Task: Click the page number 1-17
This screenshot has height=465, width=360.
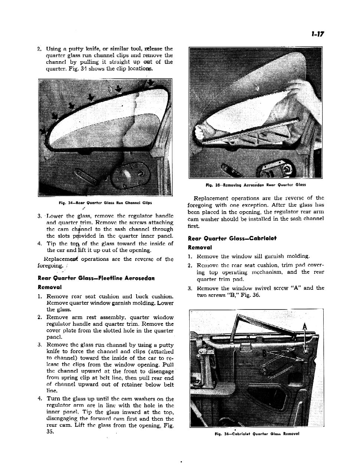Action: [x=318, y=34]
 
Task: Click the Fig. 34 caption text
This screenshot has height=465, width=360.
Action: [x=105, y=203]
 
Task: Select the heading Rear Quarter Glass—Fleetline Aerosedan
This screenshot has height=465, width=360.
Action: [x=96, y=278]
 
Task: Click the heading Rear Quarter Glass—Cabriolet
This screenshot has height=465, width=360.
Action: [x=232, y=238]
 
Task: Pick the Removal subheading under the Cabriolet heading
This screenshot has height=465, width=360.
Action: [x=200, y=247]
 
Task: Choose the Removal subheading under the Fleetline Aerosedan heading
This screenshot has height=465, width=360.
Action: [x=50, y=287]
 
